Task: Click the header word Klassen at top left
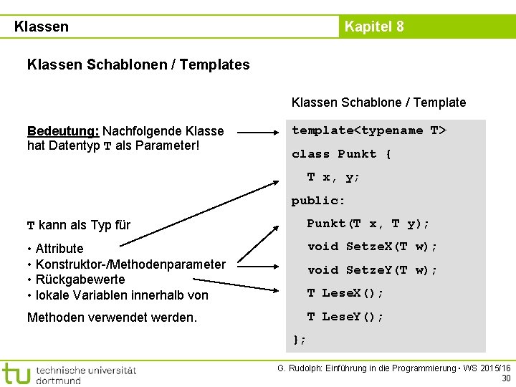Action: point(42,27)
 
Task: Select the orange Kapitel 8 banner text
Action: point(374,27)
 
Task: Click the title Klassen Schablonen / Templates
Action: point(138,64)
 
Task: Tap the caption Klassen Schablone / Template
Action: point(378,102)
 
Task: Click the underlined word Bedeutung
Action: point(63,131)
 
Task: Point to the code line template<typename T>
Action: point(368,130)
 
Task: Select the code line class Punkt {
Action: point(341,154)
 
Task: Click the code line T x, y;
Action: point(334,177)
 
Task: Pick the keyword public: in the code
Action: point(318,201)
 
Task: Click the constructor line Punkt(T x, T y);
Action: point(368,224)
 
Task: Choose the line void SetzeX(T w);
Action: point(373,247)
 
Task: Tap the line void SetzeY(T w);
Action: point(373,270)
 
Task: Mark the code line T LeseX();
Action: point(345,293)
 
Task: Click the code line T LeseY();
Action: point(345,317)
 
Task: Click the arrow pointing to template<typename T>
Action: point(259,132)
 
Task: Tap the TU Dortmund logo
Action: point(69,373)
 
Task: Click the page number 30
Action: point(506,378)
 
